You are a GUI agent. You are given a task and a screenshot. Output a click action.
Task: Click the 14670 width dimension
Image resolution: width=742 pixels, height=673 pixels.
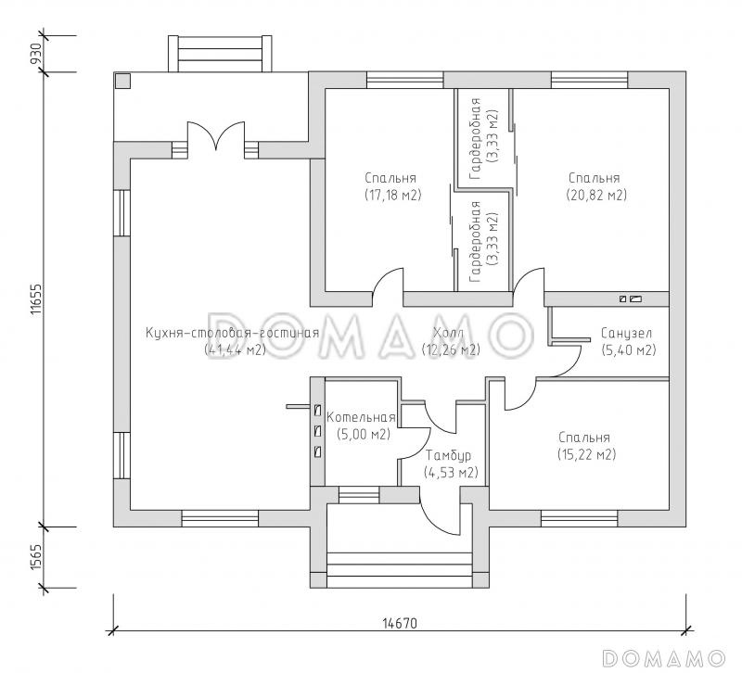tap(400, 623)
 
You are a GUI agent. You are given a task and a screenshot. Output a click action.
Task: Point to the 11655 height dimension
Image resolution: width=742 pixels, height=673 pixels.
tap(36, 299)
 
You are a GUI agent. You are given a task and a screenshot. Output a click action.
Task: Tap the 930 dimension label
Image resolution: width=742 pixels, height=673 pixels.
tap(36, 55)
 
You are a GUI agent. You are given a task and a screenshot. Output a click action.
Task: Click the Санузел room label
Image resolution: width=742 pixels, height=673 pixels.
tap(626, 333)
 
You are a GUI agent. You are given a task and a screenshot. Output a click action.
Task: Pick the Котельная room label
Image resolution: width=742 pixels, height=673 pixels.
tap(361, 417)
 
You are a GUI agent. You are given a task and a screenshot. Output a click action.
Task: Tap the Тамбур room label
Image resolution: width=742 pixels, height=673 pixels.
tap(448, 455)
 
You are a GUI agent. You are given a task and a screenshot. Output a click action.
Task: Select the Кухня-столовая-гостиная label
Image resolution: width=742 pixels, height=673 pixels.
tap(232, 333)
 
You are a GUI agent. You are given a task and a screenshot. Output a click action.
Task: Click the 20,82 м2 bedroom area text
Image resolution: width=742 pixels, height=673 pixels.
tap(596, 195)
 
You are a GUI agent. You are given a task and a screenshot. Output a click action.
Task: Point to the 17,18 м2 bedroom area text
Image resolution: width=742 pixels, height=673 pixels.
tap(392, 195)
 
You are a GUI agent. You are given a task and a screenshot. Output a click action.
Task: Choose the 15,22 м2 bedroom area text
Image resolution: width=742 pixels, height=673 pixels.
tap(587, 454)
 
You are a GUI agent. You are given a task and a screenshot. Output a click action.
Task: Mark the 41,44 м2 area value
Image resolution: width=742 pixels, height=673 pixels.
tap(235, 350)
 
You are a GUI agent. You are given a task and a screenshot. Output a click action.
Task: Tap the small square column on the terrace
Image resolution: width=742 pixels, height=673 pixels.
tap(123, 81)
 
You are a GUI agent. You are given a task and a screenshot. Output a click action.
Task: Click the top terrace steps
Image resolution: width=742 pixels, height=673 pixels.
tap(221, 54)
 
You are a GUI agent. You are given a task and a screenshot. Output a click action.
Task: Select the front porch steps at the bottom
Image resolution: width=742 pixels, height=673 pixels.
tap(400, 569)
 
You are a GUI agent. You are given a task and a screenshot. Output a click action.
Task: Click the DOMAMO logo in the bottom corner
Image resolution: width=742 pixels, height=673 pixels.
tap(663, 658)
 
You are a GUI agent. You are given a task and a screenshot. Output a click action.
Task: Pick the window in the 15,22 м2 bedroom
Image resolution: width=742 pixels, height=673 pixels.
tap(579, 518)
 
